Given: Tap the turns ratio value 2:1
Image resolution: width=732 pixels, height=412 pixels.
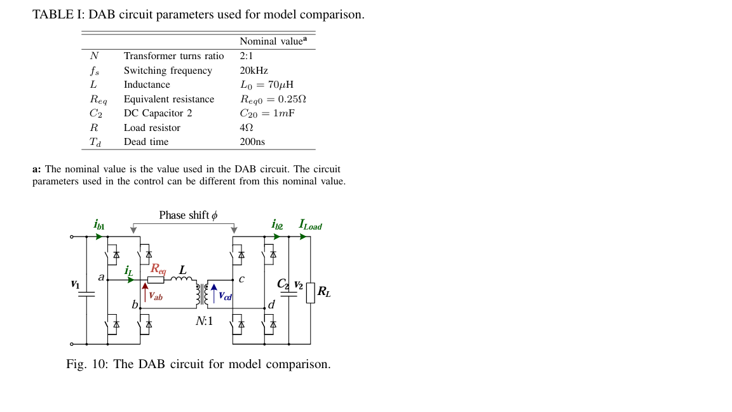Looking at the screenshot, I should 247,56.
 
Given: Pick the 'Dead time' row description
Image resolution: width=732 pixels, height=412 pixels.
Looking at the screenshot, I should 146,142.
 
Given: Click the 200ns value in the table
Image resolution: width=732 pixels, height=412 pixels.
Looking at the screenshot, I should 252,142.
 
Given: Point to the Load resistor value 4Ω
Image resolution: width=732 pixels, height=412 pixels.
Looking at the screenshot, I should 246,128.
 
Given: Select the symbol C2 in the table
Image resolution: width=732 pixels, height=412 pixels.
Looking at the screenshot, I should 96,113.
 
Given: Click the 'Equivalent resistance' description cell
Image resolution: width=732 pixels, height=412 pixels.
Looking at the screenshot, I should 169,99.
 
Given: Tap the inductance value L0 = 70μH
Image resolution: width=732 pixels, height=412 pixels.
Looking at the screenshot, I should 266,85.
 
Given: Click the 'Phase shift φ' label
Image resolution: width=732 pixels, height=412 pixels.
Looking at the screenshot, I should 188,216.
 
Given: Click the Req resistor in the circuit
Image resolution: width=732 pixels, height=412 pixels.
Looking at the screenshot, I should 156,279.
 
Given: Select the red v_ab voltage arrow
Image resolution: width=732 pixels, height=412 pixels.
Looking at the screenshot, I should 146,292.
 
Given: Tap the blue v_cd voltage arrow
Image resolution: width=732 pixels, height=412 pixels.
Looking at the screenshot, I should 213,294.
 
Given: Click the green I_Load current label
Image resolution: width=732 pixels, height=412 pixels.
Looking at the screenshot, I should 310,225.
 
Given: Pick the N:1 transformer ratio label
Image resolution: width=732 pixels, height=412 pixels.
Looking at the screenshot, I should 204,321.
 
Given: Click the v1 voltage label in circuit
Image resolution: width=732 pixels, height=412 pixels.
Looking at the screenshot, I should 75,284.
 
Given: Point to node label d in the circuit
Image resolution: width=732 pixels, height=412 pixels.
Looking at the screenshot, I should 271,305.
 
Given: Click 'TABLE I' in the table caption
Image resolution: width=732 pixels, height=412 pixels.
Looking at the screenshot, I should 53,15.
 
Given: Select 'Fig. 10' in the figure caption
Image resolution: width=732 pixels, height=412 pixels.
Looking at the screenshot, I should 88,364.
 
